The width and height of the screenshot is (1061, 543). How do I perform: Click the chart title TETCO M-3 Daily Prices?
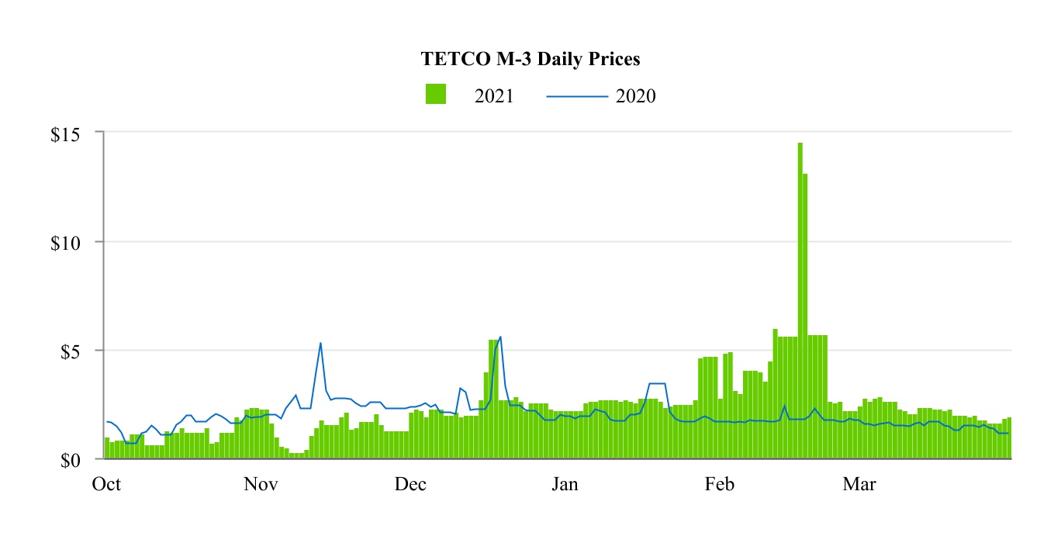coord(530,59)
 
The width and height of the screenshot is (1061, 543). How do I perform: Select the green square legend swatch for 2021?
coord(436,95)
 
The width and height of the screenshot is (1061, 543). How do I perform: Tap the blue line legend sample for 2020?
coord(577,96)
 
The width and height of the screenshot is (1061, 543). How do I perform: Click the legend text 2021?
coord(494,96)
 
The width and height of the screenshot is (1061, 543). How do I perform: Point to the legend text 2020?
coord(636,96)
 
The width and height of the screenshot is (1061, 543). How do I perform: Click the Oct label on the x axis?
coord(106,485)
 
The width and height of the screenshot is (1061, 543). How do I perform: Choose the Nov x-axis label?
coord(261,485)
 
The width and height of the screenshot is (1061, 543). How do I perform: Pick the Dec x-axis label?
coord(410,485)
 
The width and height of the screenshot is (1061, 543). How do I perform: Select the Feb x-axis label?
coord(719,485)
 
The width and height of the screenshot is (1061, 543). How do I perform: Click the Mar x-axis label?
coord(859,485)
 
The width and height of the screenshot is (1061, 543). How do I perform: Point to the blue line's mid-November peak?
coord(320,344)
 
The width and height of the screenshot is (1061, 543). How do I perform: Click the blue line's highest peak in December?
coord(500,337)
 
